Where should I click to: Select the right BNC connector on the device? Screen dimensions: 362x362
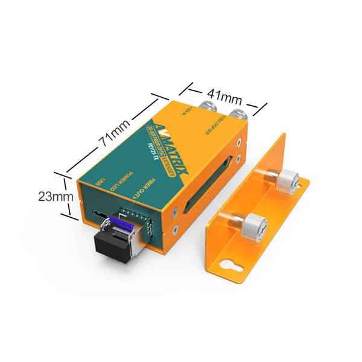(x=237, y=115)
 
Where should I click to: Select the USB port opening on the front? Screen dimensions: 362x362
(x=98, y=213)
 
